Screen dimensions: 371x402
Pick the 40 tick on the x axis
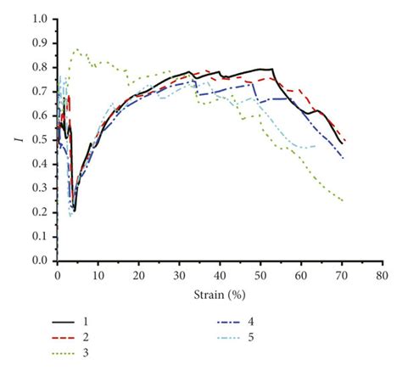(x=220, y=276)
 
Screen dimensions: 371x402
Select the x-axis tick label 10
(x=98, y=276)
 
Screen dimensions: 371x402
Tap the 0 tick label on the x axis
(x=57, y=276)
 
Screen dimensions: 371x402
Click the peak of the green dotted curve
(x=77, y=49)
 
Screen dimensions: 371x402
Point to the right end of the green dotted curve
(x=343, y=200)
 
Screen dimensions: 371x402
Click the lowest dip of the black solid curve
(x=75, y=210)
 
